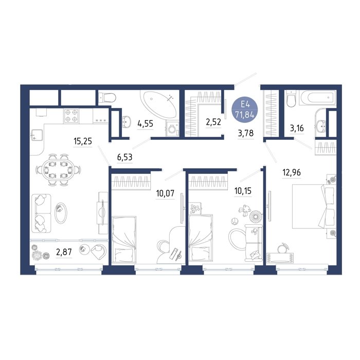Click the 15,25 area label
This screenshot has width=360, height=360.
pyautogui.click(x=83, y=141)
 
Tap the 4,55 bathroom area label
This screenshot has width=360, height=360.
pyautogui.click(x=145, y=124)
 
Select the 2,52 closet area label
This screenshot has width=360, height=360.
pyautogui.click(x=213, y=122)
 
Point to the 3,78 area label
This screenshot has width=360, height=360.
pyautogui.click(x=246, y=133)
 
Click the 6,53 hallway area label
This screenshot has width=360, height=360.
pyautogui.click(x=124, y=157)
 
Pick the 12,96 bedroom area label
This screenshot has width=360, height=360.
pyautogui.click(x=292, y=172)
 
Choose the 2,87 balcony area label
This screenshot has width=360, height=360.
pyautogui.click(x=64, y=252)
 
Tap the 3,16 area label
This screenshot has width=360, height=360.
pyautogui.click(x=297, y=128)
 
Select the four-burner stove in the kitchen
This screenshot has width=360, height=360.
pyautogui.click(x=71, y=116)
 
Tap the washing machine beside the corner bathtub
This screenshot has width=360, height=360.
pyautogui.click(x=172, y=129)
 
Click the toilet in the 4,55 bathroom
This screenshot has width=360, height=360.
pyautogui.click(x=107, y=97)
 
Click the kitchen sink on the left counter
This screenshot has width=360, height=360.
pyautogui.click(x=37, y=135)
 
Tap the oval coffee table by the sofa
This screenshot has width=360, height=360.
pyautogui.click(x=61, y=213)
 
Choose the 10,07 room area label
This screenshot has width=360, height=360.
pyautogui.click(x=165, y=193)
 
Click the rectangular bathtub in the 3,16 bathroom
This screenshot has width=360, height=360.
pyautogui.click(x=319, y=98)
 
